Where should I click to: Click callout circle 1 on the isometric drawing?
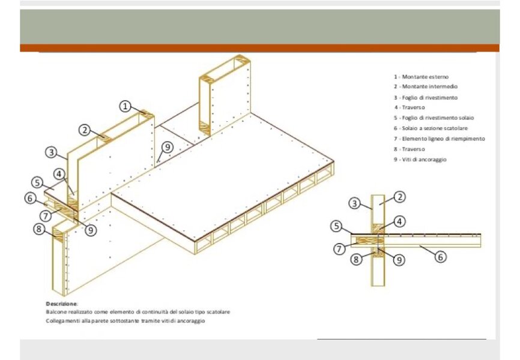coord(125,106)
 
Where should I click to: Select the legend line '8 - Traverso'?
coord(410,149)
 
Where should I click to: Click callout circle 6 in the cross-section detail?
coord(440,257)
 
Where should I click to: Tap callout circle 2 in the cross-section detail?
coord(400,197)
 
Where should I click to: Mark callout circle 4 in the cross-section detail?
coord(399,221)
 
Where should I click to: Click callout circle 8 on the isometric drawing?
coord(39,229)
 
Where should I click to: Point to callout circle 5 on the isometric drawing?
coord(37,182)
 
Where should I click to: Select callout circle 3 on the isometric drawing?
coord(51,152)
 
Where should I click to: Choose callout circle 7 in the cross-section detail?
coord(339,248)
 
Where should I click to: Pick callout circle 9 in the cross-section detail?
coord(399,260)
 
